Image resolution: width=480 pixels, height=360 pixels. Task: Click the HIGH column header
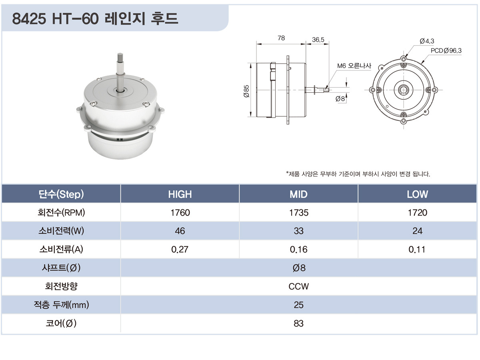click(180, 194)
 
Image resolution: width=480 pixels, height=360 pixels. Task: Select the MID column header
click(298, 194)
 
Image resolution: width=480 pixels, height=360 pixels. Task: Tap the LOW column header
click(417, 194)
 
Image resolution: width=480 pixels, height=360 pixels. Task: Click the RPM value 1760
click(180, 212)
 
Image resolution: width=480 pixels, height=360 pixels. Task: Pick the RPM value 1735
click(299, 212)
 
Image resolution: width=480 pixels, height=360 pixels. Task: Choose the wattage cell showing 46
click(180, 231)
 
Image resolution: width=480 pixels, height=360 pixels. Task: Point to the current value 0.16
click(298, 249)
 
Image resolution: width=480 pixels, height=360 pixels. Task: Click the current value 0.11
click(417, 249)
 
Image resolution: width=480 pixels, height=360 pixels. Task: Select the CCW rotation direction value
click(298, 286)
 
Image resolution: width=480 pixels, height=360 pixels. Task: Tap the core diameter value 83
click(298, 323)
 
